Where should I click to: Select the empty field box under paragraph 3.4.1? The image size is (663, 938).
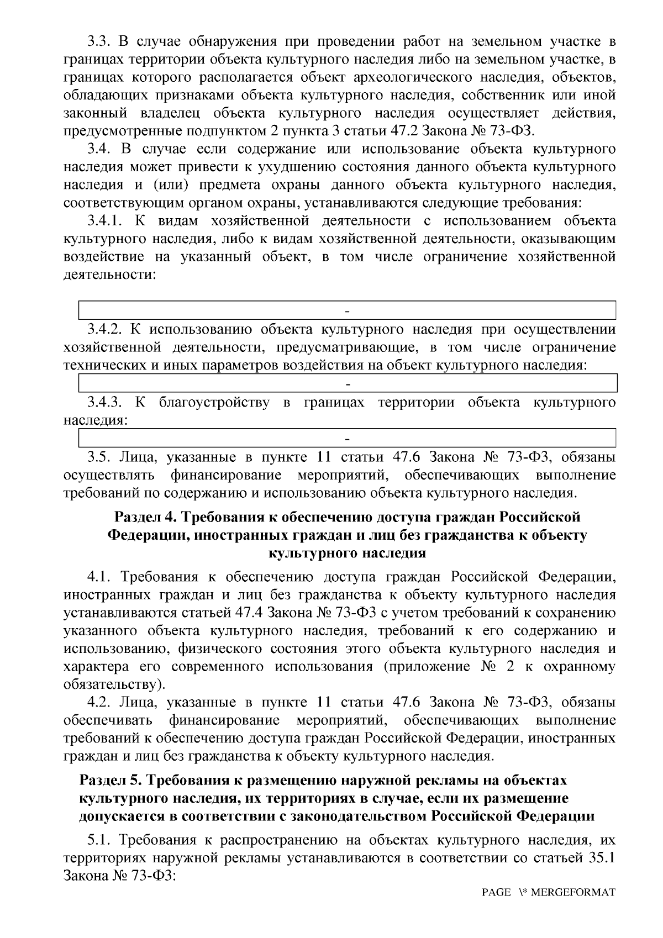point(348,310)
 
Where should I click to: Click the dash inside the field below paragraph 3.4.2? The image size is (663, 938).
point(348,383)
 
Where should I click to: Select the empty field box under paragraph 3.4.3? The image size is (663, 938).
point(348,438)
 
